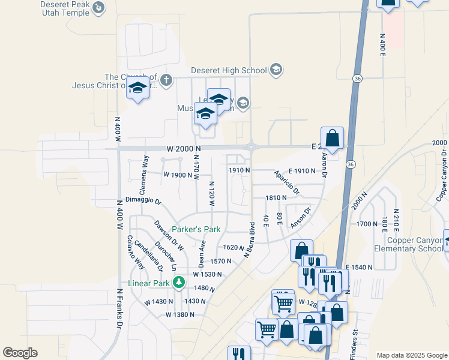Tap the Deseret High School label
click(228, 70)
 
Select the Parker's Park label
click(196, 229)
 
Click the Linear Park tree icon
click(178, 282)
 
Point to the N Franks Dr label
click(119, 308)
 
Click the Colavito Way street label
click(136, 252)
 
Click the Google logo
click(20, 353)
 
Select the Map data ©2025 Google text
click(411, 355)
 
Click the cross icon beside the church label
click(166, 79)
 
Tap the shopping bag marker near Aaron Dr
click(332, 138)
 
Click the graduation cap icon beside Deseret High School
click(276, 70)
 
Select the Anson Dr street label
click(301, 218)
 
